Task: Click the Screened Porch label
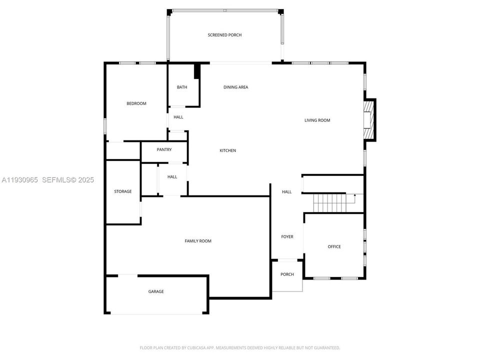pyautogui.click(x=224, y=35)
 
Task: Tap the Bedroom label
pyautogui.click(x=136, y=103)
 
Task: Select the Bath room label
pyautogui.click(x=182, y=87)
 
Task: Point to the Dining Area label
pyautogui.click(x=235, y=87)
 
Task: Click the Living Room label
pyautogui.click(x=317, y=120)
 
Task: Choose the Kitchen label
pyautogui.click(x=228, y=150)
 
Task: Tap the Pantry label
pyautogui.click(x=164, y=149)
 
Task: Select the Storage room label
pyautogui.click(x=122, y=191)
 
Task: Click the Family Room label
pyautogui.click(x=198, y=241)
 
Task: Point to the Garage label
pyautogui.click(x=155, y=291)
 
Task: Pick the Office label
pyautogui.click(x=334, y=246)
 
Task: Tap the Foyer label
pyautogui.click(x=287, y=236)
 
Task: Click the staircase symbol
pyautogui.click(x=330, y=203)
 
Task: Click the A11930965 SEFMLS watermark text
pyautogui.click(x=47, y=179)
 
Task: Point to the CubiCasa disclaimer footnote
pyautogui.click(x=239, y=347)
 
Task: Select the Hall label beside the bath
pyautogui.click(x=178, y=117)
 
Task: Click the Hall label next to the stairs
pyautogui.click(x=286, y=191)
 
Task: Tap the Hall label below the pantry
pyautogui.click(x=172, y=176)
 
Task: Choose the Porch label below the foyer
pyautogui.click(x=287, y=274)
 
